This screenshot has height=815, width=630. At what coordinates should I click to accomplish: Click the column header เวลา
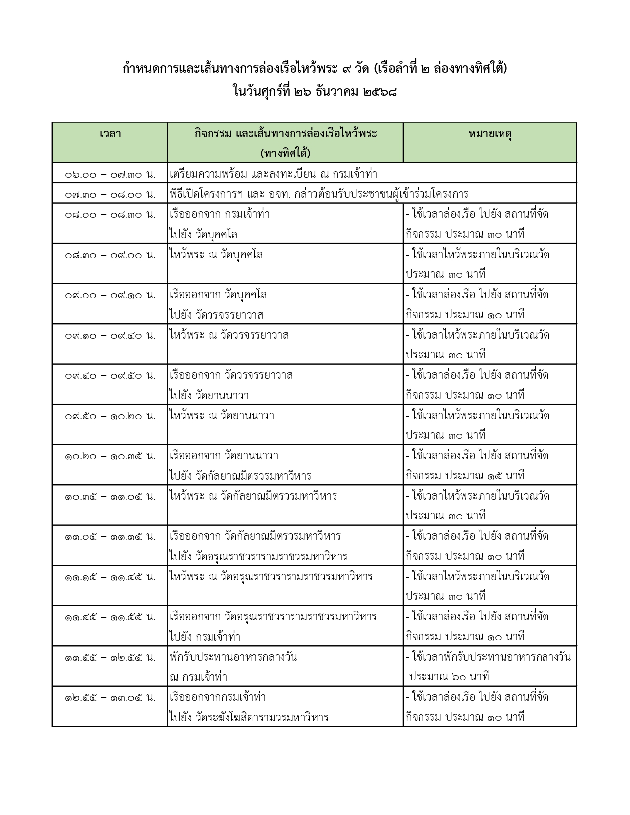110,134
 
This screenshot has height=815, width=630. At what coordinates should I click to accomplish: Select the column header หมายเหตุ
490,134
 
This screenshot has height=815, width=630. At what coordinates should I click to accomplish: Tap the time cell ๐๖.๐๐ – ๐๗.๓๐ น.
110,174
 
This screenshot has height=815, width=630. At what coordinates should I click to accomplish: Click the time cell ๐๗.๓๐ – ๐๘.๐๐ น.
110,194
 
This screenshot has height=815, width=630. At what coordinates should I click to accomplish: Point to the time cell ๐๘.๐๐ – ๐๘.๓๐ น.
110,214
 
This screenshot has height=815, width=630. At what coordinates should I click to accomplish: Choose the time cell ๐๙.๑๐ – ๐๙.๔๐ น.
110,335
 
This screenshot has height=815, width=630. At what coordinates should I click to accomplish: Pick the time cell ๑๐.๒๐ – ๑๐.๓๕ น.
110,456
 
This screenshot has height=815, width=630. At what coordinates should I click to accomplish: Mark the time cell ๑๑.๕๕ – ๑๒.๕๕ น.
110,657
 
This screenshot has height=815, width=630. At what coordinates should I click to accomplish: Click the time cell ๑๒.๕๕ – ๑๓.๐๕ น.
110,697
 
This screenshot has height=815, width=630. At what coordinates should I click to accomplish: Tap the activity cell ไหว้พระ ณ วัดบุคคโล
216,255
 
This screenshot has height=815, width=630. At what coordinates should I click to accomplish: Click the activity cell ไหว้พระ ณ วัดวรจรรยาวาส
229,335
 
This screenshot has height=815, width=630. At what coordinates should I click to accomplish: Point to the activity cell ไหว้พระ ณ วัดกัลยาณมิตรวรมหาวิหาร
253,496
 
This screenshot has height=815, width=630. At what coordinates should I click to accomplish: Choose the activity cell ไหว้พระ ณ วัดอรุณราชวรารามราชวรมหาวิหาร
271,576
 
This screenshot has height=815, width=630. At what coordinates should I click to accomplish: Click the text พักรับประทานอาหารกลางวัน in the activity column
233,657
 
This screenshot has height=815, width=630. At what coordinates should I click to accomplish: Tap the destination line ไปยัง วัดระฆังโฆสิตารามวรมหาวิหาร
249,717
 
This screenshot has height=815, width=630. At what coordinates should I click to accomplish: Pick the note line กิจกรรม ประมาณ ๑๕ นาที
464,476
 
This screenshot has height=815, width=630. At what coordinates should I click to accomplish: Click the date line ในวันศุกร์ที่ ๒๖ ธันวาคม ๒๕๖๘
315,92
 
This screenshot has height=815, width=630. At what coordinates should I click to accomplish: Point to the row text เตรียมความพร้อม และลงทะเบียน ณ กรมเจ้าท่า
273,174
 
